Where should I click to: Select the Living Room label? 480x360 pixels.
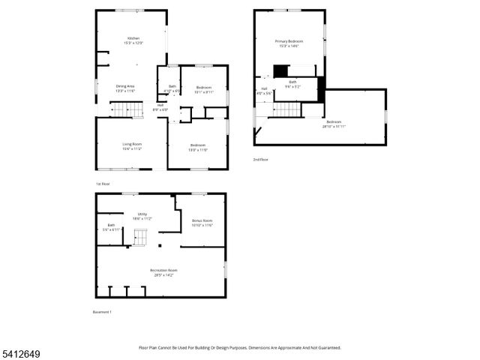pos(132,145)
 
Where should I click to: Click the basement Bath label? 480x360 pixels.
pos(111,227)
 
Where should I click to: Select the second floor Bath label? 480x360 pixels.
pos(292,83)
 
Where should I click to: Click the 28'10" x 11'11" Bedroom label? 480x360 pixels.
pos(334,124)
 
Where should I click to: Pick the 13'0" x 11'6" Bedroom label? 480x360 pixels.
pos(198,147)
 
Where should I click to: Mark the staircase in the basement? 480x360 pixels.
pos(141,238)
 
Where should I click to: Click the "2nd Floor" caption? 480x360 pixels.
pos(260,159)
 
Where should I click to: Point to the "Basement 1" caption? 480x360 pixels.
pos(101,312)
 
